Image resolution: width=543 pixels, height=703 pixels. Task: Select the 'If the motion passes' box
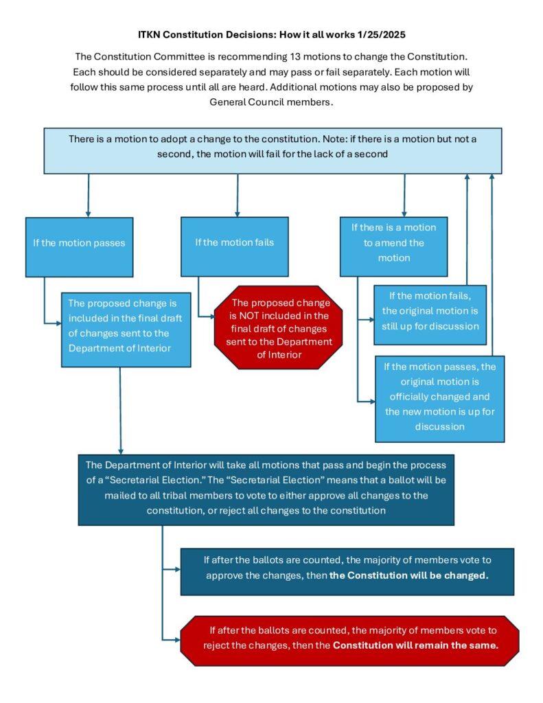click(79, 243)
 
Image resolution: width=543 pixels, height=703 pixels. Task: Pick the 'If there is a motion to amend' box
click(393, 242)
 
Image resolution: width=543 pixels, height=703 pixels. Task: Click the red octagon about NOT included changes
click(273, 328)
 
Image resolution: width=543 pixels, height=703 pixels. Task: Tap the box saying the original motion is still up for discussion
click(430, 312)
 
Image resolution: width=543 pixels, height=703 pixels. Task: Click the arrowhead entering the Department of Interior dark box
click(121, 449)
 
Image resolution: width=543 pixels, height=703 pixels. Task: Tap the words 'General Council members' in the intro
click(271, 102)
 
